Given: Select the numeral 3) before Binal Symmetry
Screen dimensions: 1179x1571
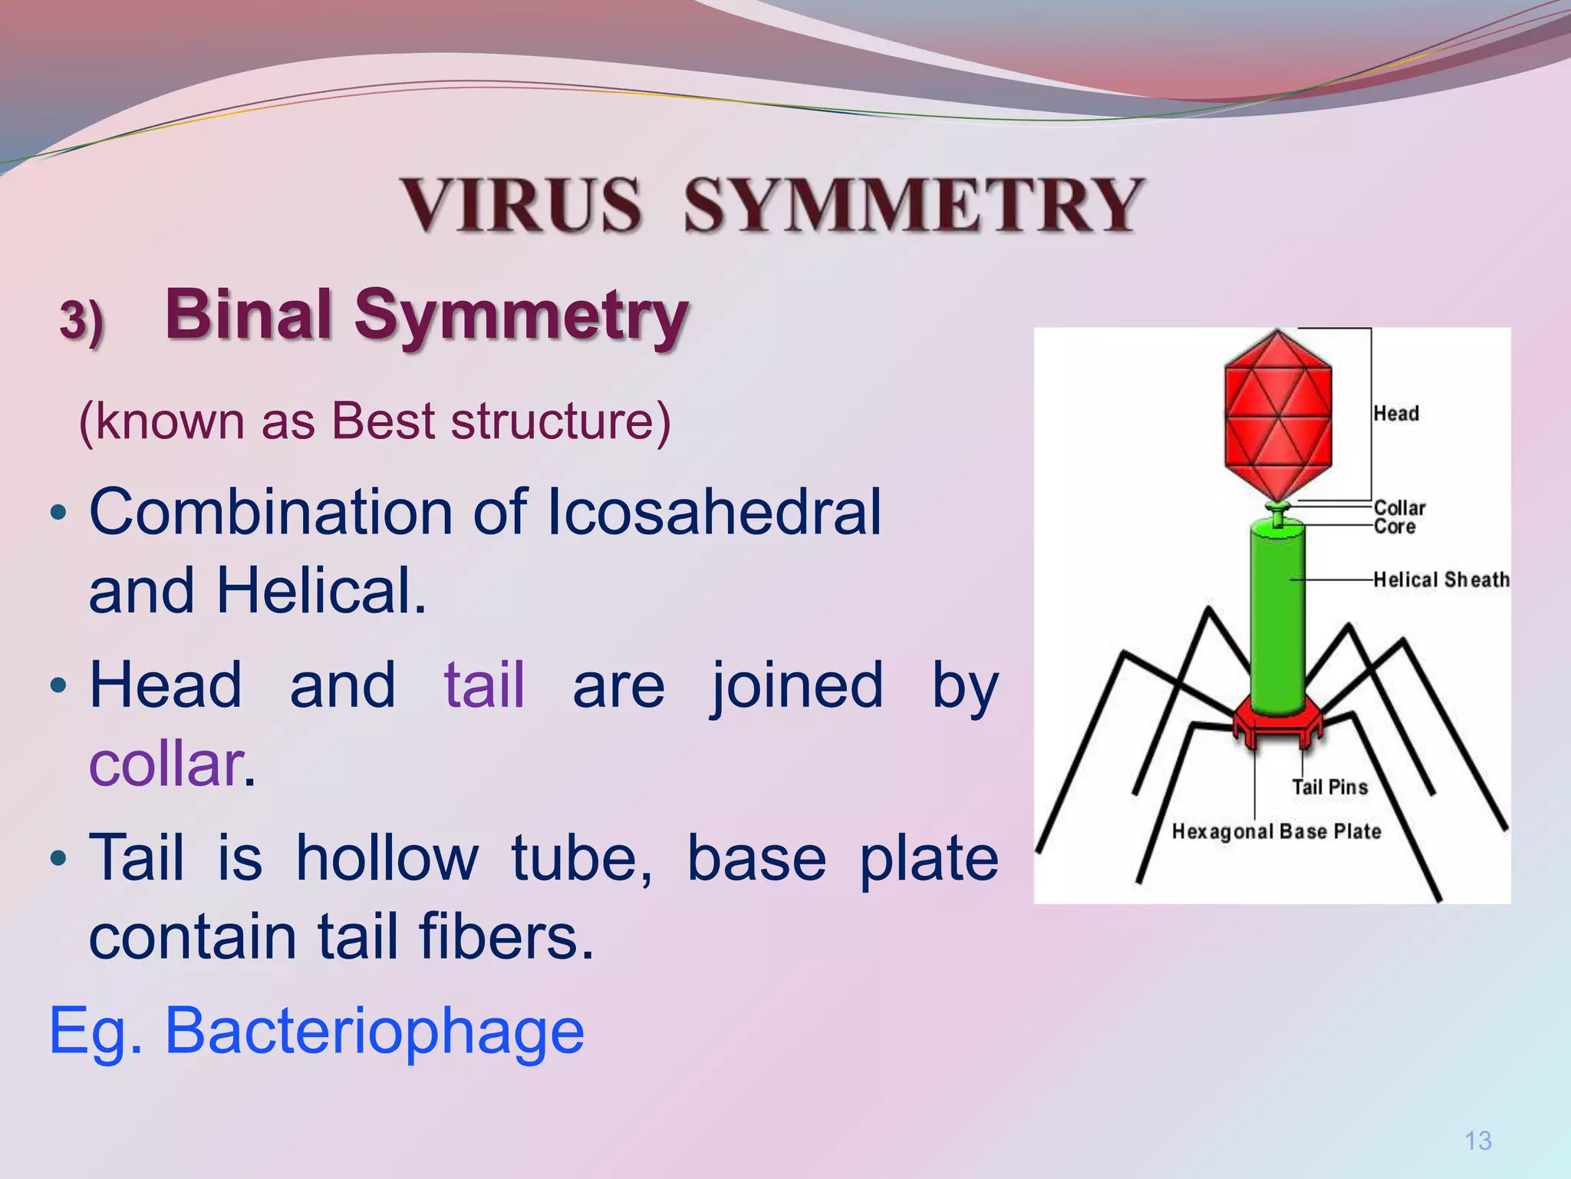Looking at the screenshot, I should pos(81,319).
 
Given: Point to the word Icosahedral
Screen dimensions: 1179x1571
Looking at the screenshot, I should pos(713,512).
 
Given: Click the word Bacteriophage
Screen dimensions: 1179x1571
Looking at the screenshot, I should pos(374,1031).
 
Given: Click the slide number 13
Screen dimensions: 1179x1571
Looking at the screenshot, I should pos(1477,1141).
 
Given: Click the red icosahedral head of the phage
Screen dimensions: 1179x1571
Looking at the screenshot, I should pos(1277,414).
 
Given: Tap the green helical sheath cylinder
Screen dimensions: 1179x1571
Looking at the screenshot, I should pos(1277,614).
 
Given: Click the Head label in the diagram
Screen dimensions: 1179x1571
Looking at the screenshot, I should pos(1395,414).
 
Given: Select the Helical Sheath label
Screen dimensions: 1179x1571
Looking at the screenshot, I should pos(1441,580).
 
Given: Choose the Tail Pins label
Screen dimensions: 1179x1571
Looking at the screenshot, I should pos(1329,787).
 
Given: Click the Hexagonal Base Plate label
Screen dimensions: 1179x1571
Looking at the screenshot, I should pos(1276,831).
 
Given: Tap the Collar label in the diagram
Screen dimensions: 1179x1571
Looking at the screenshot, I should pos(1399,507).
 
